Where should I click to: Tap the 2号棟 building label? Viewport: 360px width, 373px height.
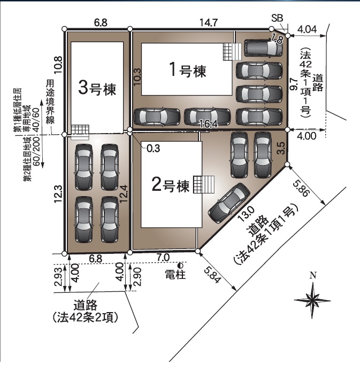[171, 186]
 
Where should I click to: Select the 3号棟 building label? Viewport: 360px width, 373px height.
[97, 88]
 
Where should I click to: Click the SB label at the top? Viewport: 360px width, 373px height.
[277, 18]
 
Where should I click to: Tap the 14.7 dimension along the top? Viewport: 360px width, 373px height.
[208, 22]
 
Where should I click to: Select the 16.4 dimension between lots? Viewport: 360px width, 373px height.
[211, 124]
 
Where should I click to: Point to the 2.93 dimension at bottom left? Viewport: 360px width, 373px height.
[58, 278]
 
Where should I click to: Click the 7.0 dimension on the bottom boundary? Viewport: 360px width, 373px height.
[163, 258]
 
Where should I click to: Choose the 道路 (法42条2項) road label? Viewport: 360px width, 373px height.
[86, 310]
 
